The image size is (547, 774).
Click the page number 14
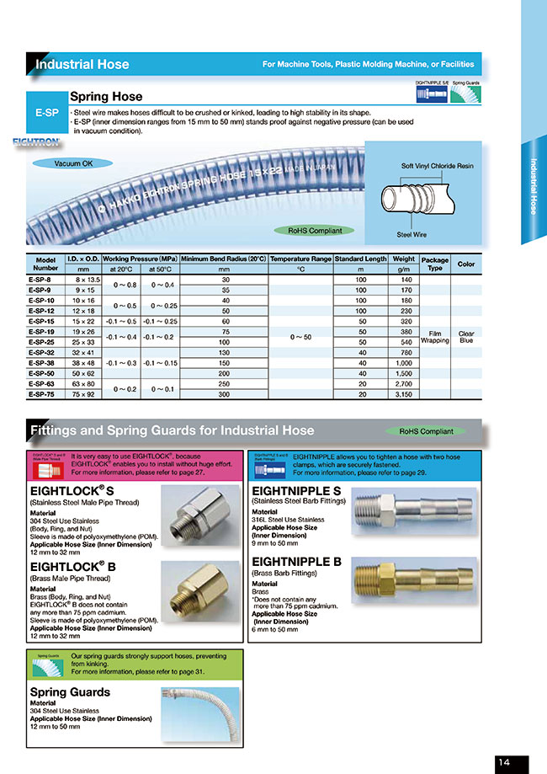click(503, 762)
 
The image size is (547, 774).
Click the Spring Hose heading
click(106, 97)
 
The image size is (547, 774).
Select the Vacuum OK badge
click(73, 163)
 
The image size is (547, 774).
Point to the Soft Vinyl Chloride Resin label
click(437, 166)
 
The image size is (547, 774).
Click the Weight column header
click(403, 259)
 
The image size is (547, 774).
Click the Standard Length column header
click(360, 259)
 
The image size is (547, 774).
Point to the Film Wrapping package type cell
click(434, 337)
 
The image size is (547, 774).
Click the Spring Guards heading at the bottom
click(70, 692)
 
